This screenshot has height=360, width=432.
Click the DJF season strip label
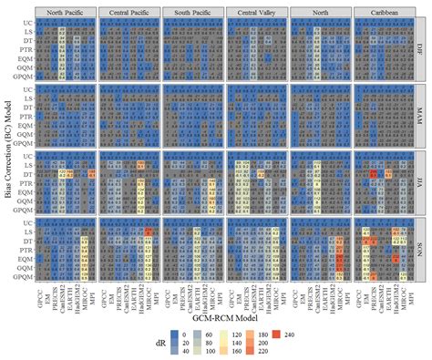[422, 48]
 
